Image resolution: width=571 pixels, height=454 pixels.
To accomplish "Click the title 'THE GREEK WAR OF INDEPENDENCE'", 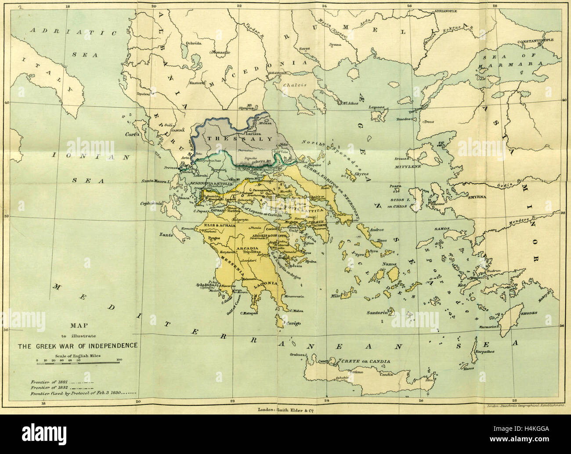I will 77,345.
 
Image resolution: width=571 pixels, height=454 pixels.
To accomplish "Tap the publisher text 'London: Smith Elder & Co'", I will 285,410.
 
